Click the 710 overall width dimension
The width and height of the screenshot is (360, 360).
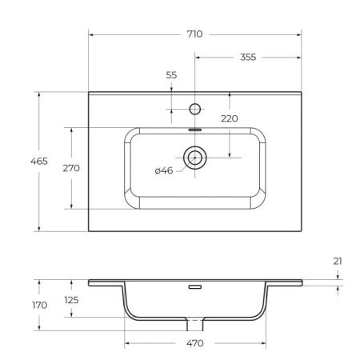194,34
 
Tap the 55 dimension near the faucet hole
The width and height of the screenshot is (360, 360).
170,74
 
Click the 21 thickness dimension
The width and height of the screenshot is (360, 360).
339,261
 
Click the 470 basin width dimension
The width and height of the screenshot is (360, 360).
194,343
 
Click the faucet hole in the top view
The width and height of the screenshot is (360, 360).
194,106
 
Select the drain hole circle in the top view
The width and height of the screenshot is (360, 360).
194,158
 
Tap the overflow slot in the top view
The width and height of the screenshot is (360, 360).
194,128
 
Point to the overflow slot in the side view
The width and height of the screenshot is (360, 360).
194,286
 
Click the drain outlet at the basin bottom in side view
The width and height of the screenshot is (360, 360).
194,325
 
